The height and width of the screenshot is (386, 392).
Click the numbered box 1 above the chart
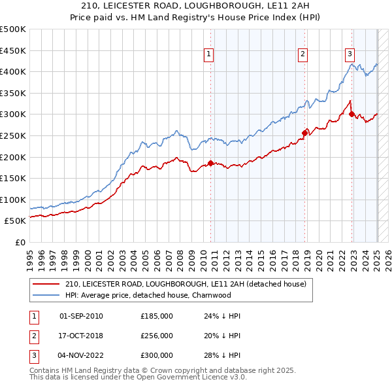[x=208, y=55]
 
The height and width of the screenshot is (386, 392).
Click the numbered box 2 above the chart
[x=303, y=55]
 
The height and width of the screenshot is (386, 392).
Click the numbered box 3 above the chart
[x=350, y=55]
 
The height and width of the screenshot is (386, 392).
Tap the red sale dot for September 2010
[x=210, y=163]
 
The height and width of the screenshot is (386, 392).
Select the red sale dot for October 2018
[x=304, y=133]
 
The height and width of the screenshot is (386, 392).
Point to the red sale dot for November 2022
[x=351, y=114]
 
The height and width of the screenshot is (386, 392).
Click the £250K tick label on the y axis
[x=14, y=135]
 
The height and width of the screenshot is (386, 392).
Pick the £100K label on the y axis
[x=14, y=200]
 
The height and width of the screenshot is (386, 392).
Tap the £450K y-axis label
[x=14, y=50]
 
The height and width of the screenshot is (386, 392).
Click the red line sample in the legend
[x=46, y=284]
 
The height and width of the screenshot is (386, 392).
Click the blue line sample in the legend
[x=46, y=295]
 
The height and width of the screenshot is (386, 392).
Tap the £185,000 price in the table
[x=157, y=316]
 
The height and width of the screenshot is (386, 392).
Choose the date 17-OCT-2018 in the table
[x=81, y=336]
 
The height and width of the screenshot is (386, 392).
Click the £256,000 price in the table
[x=157, y=336]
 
